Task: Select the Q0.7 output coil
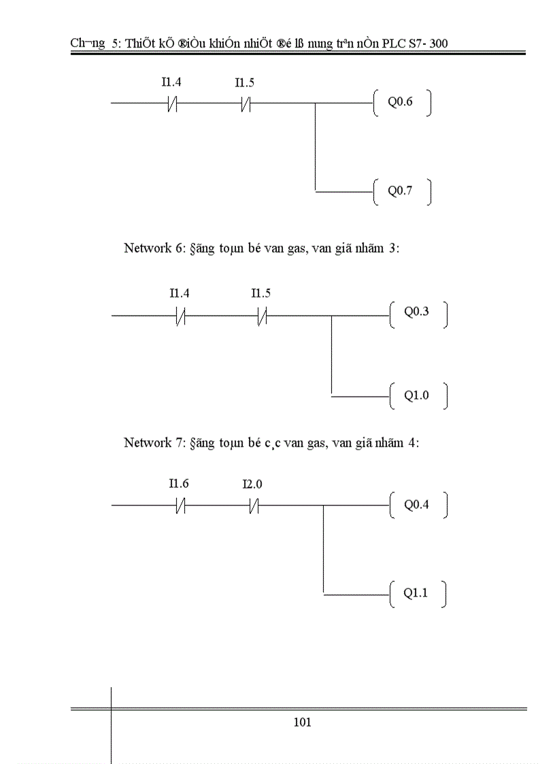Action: pyautogui.click(x=401, y=191)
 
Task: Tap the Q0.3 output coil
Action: pyautogui.click(x=418, y=313)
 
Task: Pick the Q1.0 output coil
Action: pyautogui.click(x=418, y=395)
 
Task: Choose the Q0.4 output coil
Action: pyautogui.click(x=418, y=505)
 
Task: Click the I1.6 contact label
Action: pyautogui.click(x=179, y=484)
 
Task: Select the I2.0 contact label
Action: pyautogui.click(x=252, y=485)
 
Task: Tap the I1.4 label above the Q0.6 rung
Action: pyautogui.click(x=171, y=82)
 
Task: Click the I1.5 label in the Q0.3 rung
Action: pyautogui.click(x=260, y=293)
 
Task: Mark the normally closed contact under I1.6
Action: pyautogui.click(x=180, y=505)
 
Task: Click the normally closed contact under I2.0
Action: pyautogui.click(x=254, y=505)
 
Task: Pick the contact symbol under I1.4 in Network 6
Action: pyautogui.click(x=180, y=316)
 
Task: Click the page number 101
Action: pyautogui.click(x=302, y=723)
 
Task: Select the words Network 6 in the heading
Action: pyautogui.click(x=148, y=249)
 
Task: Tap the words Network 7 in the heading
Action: pyautogui.click(x=148, y=443)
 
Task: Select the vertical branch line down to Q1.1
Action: pyautogui.click(x=323, y=550)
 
